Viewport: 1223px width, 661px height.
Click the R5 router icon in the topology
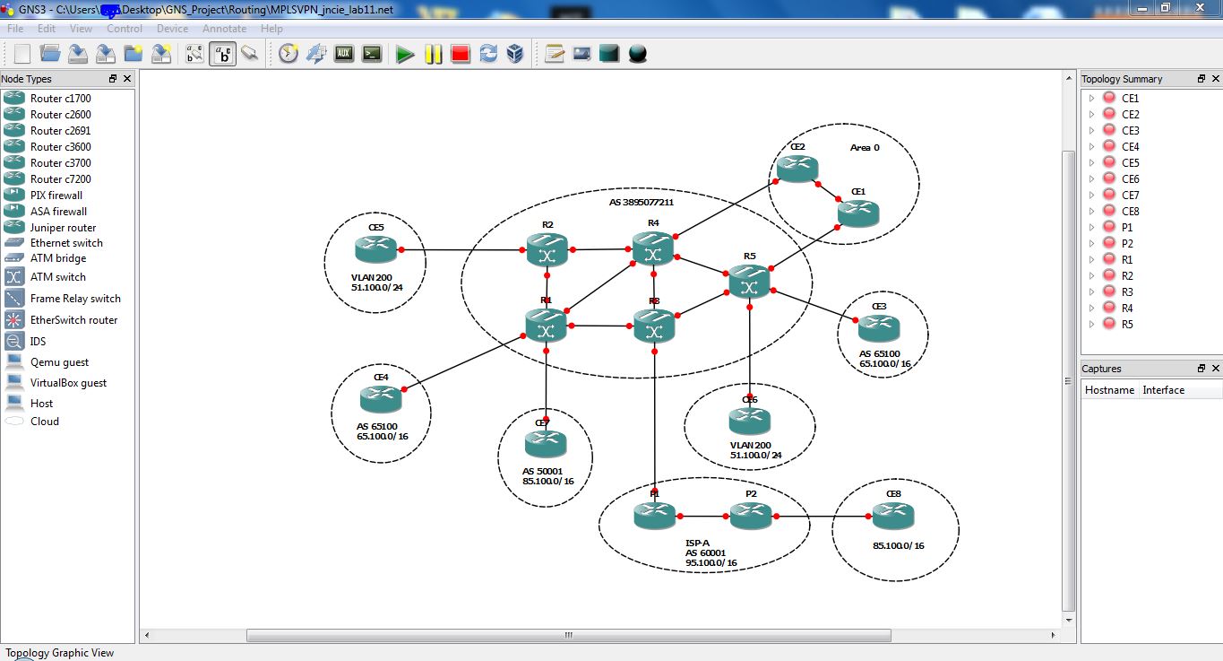tap(749, 283)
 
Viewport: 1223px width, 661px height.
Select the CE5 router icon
tap(375, 248)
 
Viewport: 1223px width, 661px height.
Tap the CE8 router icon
tap(893, 515)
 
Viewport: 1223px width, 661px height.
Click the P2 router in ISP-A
tap(750, 515)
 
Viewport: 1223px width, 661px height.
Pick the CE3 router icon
tap(879, 328)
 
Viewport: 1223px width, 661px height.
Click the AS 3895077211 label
tap(641, 203)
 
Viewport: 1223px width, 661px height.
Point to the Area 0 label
tap(865, 147)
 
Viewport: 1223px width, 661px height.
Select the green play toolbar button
tap(405, 54)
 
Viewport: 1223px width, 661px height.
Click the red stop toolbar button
tap(461, 54)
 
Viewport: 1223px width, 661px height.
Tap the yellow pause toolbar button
tap(433, 54)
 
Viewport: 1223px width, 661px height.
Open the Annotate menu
tap(224, 29)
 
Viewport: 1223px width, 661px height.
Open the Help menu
tap(271, 29)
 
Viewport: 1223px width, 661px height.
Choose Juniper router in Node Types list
tap(63, 228)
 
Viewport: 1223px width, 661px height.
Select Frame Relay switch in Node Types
tap(75, 299)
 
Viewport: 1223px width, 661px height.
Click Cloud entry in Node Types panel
tap(45, 422)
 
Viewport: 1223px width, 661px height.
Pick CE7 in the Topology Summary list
tap(1130, 196)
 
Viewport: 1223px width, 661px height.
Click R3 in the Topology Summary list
tap(1126, 292)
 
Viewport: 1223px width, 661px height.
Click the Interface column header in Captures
tap(1163, 390)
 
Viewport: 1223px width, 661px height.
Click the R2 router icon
tap(547, 250)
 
